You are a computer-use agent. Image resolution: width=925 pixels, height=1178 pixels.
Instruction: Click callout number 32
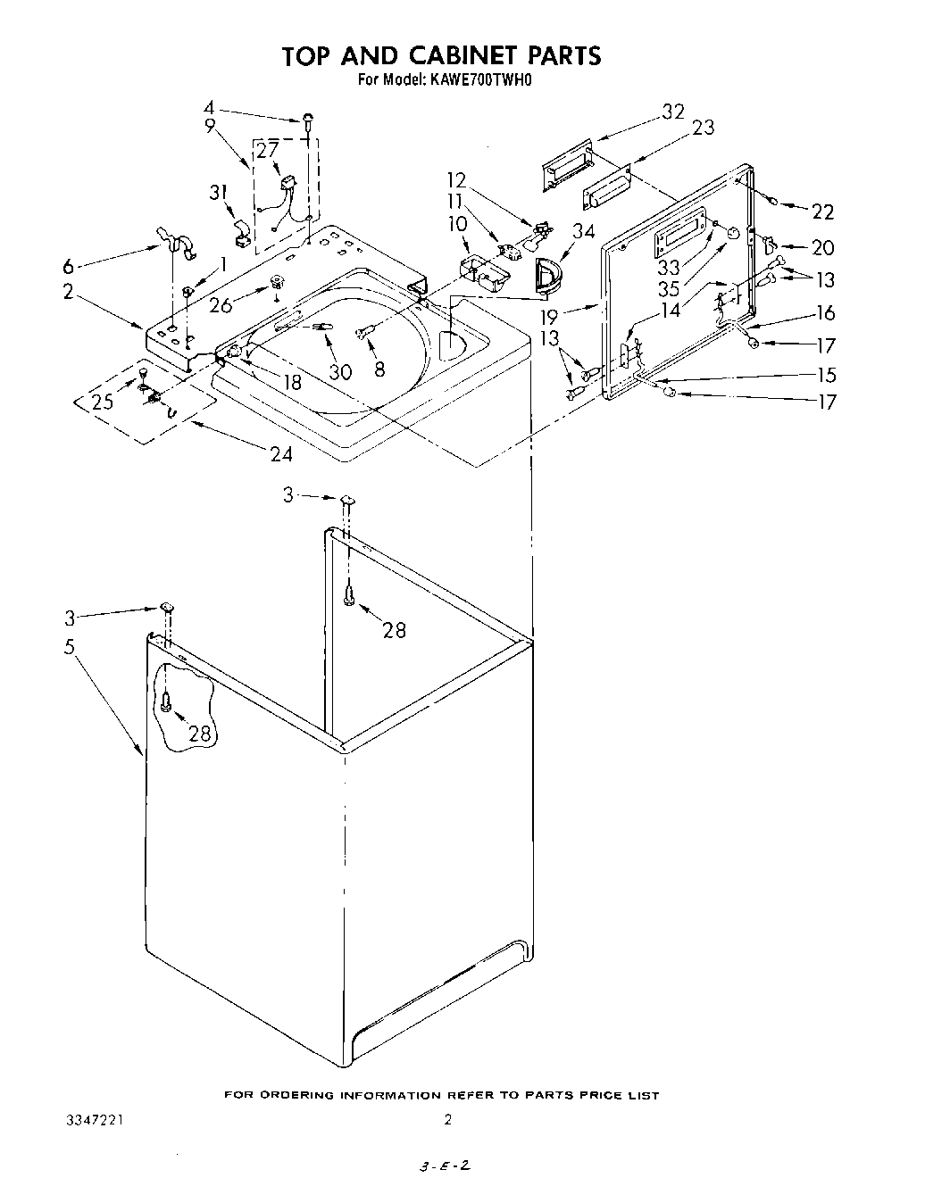point(672,112)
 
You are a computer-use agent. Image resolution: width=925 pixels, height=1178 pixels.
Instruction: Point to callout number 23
point(703,128)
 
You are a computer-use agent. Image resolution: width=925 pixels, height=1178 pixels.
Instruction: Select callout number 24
point(281,453)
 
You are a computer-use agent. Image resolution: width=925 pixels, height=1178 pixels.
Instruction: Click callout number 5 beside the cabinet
point(69,647)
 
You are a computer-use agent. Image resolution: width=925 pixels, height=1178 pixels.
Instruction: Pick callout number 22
point(822,212)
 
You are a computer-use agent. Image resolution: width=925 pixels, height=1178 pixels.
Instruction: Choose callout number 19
point(550,316)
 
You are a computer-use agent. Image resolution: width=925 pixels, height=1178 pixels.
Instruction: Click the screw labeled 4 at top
point(309,120)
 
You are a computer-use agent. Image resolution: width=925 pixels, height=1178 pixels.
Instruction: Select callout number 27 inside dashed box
point(267,151)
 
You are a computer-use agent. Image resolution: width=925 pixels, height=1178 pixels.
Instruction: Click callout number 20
point(822,249)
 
